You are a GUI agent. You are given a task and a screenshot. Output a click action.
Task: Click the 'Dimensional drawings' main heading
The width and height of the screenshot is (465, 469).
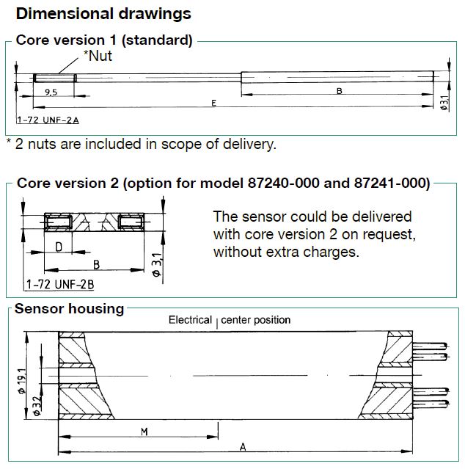tap(103, 14)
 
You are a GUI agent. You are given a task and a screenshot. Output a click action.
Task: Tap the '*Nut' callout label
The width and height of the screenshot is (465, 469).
tap(98, 56)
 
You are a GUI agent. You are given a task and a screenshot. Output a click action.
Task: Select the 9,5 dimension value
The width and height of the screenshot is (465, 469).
tap(51, 92)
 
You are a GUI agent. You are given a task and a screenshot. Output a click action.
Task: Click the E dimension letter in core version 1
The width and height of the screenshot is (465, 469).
tap(213, 103)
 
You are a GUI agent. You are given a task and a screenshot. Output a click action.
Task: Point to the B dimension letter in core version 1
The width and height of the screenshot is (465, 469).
tap(339, 91)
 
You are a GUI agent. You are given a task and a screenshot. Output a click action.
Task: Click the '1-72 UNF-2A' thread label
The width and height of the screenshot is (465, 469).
tap(48, 120)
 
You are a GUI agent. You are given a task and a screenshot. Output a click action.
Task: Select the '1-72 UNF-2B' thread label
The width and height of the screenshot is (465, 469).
tap(60, 284)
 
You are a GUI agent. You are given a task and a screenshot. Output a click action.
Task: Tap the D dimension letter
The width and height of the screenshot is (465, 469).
tap(59, 247)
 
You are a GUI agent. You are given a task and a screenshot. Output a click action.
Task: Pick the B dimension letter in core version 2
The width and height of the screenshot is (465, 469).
tap(96, 265)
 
